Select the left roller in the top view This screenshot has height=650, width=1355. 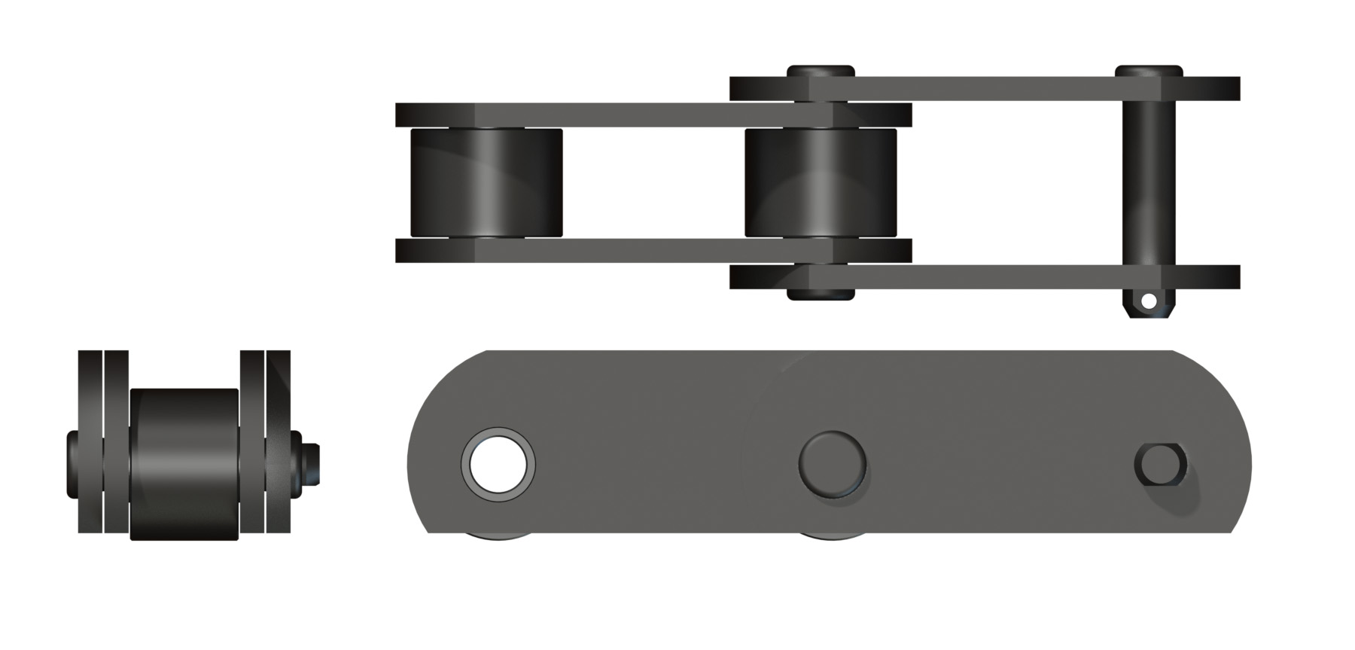click(x=486, y=183)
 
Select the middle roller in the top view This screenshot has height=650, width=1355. click(x=821, y=183)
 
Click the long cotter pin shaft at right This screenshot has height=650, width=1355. click(x=1147, y=181)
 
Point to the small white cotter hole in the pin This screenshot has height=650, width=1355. click(x=1148, y=301)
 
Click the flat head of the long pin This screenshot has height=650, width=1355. click(x=1149, y=71)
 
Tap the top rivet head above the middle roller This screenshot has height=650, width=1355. click(x=821, y=71)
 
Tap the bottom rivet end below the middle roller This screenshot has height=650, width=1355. click(x=821, y=293)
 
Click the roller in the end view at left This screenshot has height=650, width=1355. click(x=184, y=463)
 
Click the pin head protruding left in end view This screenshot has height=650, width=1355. click(x=72, y=463)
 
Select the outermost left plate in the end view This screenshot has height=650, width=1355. click(x=89, y=442)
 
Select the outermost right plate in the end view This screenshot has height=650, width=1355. click(x=279, y=442)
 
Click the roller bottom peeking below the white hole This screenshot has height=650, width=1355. click(x=498, y=537)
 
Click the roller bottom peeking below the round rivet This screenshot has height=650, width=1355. click(x=831, y=537)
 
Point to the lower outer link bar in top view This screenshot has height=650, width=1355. click(x=979, y=277)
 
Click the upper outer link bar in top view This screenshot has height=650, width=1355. click(x=979, y=89)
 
